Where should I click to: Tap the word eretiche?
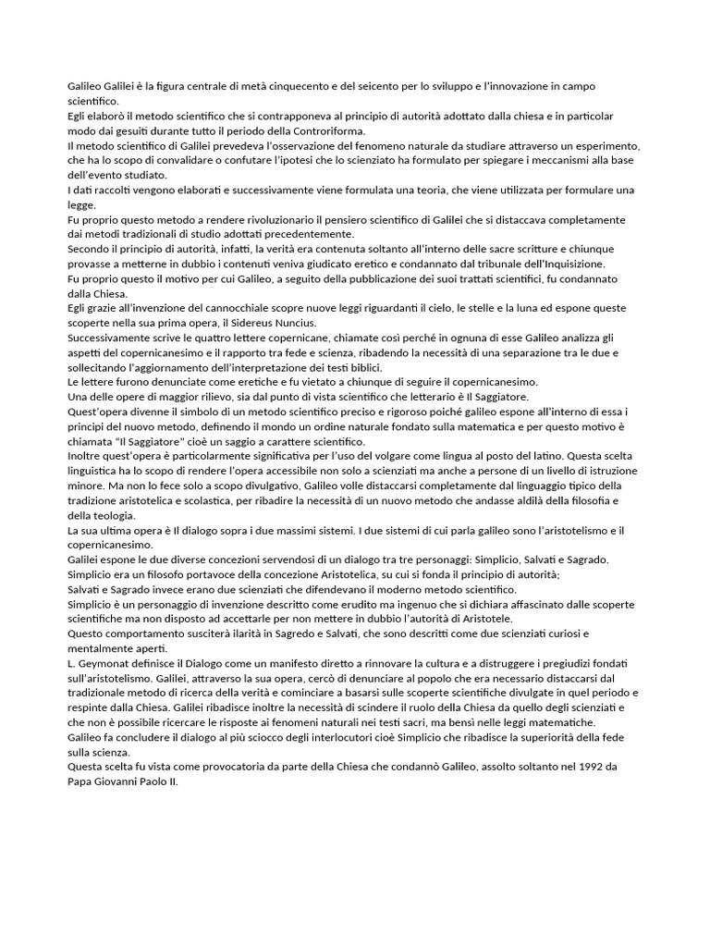227,382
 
